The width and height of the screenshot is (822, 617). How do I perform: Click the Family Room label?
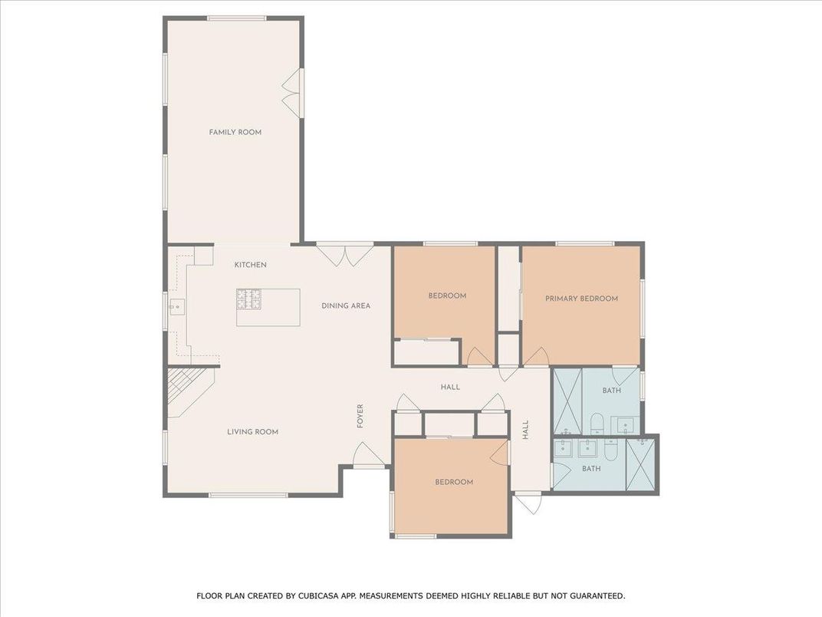(235, 132)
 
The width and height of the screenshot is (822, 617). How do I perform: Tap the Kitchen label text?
(250, 265)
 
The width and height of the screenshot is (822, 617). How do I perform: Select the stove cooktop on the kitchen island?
(248, 298)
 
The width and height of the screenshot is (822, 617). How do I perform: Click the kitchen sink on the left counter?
(176, 307)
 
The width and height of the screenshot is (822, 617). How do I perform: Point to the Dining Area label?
(345, 305)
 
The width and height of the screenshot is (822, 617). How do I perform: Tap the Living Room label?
(252, 432)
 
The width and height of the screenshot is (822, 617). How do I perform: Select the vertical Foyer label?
(360, 416)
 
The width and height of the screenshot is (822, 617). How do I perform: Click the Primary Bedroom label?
(581, 299)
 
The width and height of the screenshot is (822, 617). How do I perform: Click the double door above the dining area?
(346, 253)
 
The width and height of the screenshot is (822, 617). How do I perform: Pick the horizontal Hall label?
(450, 387)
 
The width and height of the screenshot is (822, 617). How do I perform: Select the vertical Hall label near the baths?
(526, 429)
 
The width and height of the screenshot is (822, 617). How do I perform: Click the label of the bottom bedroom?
(453, 482)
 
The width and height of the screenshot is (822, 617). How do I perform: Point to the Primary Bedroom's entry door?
(538, 356)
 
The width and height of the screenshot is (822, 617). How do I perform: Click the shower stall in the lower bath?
(641, 463)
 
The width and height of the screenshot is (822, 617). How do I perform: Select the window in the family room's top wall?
(237, 18)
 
